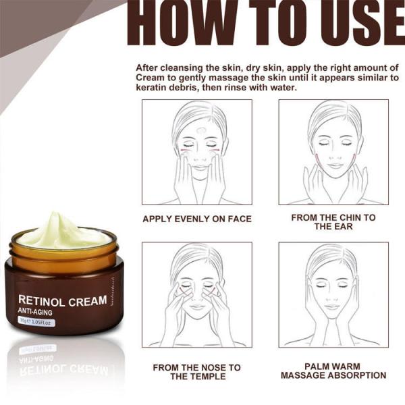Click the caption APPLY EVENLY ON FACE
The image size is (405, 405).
tap(196, 219)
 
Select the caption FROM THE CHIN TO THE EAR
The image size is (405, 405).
tap(333, 222)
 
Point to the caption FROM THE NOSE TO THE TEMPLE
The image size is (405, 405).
tap(196, 372)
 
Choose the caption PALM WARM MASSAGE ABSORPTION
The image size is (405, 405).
tap(333, 371)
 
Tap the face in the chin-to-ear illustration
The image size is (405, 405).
tap(333, 145)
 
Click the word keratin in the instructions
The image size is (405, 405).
tap(155, 88)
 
